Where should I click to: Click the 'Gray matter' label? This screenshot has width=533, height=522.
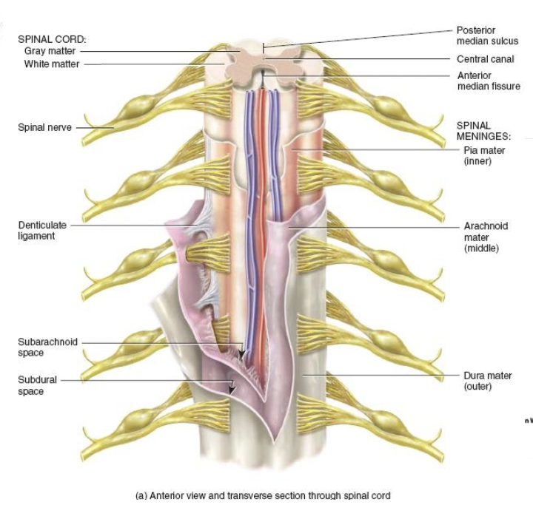(50, 51)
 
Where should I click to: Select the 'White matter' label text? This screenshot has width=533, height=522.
(50, 64)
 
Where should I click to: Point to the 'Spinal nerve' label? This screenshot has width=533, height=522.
(44, 128)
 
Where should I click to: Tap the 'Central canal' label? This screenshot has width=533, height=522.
(485, 59)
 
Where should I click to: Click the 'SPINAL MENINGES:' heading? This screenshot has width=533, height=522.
(483, 131)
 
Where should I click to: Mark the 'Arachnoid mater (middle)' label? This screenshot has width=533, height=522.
(486, 237)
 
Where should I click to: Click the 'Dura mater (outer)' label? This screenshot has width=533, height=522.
(487, 381)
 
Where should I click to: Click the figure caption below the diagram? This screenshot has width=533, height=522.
(262, 495)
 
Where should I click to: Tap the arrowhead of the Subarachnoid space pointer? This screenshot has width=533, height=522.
(240, 356)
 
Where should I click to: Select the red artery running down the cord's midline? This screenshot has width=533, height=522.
(261, 222)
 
